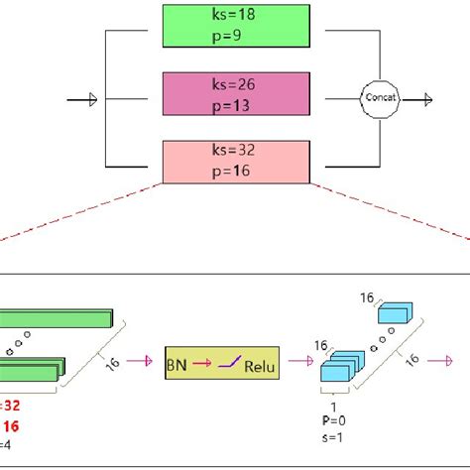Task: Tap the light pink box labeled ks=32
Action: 237,162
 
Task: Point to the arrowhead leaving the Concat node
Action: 426,98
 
